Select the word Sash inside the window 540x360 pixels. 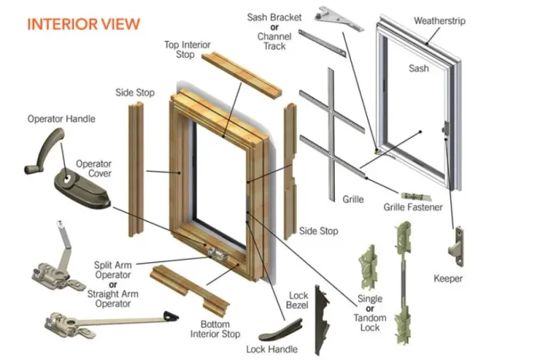click(x=418, y=69)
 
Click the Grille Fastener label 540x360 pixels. click(x=413, y=207)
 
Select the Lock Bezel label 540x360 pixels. click(x=298, y=301)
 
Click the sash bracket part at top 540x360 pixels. click(x=339, y=19)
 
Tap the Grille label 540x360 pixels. click(x=353, y=199)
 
